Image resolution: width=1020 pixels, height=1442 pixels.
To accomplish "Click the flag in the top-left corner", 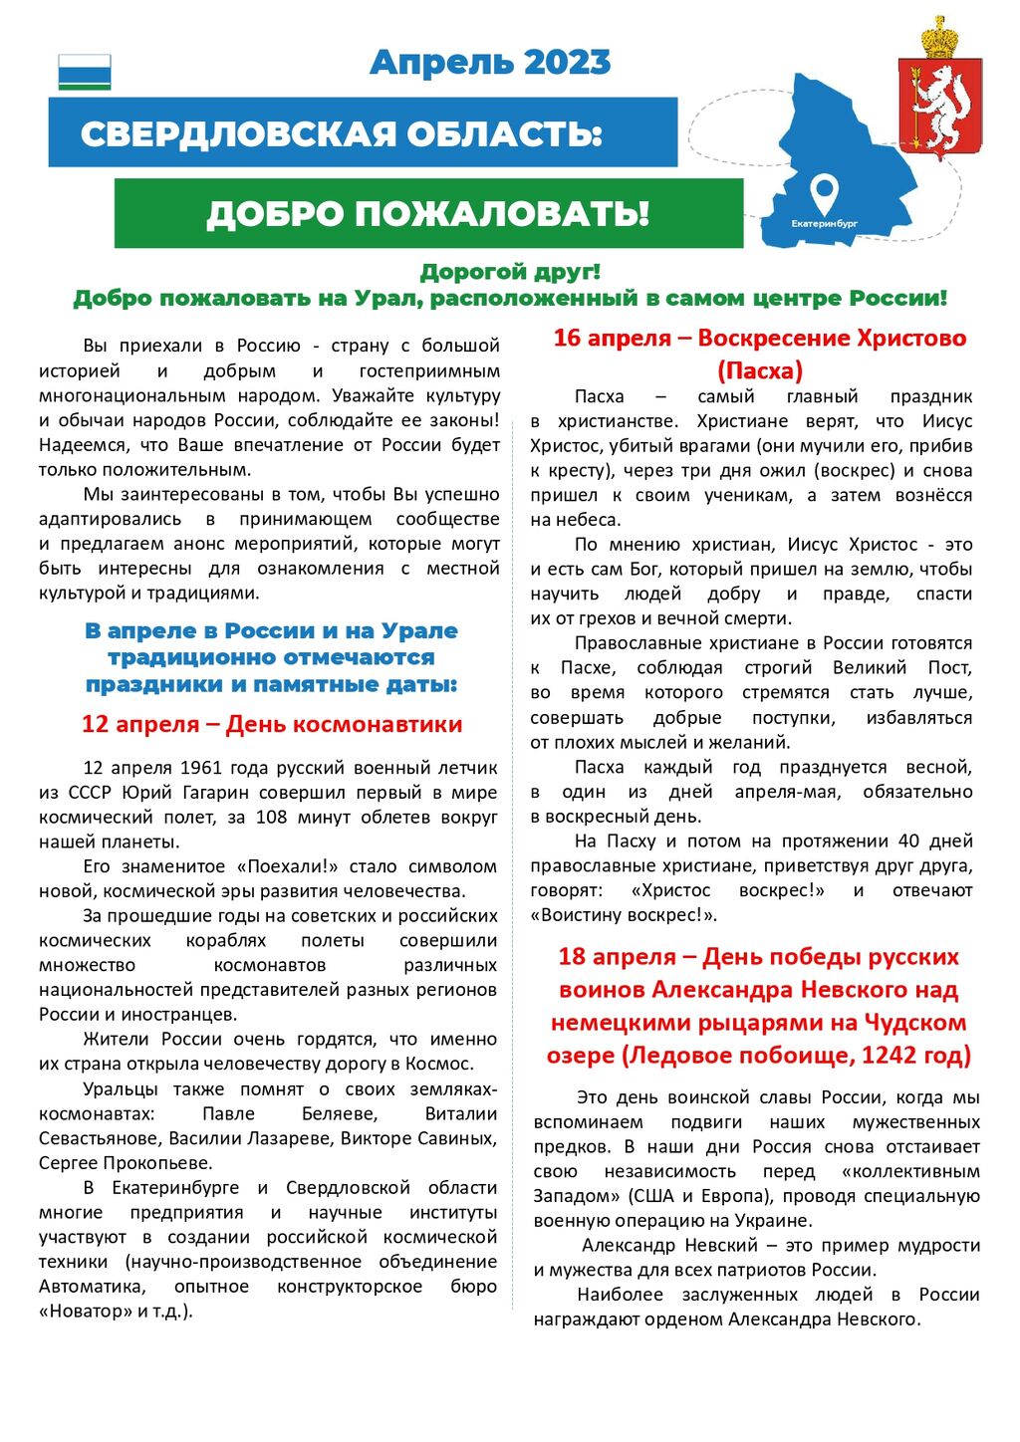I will [x=85, y=73].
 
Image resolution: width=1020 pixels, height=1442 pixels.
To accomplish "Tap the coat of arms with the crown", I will [x=939, y=89].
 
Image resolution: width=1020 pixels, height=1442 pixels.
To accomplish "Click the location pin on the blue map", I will [x=824, y=192].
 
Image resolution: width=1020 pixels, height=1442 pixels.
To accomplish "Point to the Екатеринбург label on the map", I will [x=824, y=224].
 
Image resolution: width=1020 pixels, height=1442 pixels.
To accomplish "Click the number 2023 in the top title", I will [x=566, y=63].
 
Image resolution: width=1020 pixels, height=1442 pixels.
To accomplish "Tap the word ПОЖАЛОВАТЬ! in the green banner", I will [x=502, y=213].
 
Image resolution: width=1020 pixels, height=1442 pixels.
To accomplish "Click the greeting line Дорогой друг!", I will [x=510, y=272].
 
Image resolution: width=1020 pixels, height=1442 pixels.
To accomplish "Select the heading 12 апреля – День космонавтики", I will [x=271, y=724].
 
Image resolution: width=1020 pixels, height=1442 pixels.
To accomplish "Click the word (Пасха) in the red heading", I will [x=759, y=371].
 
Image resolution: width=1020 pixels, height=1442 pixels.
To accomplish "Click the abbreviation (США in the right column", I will [x=651, y=1196].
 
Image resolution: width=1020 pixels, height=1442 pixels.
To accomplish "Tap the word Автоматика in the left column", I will [x=91, y=1287].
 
